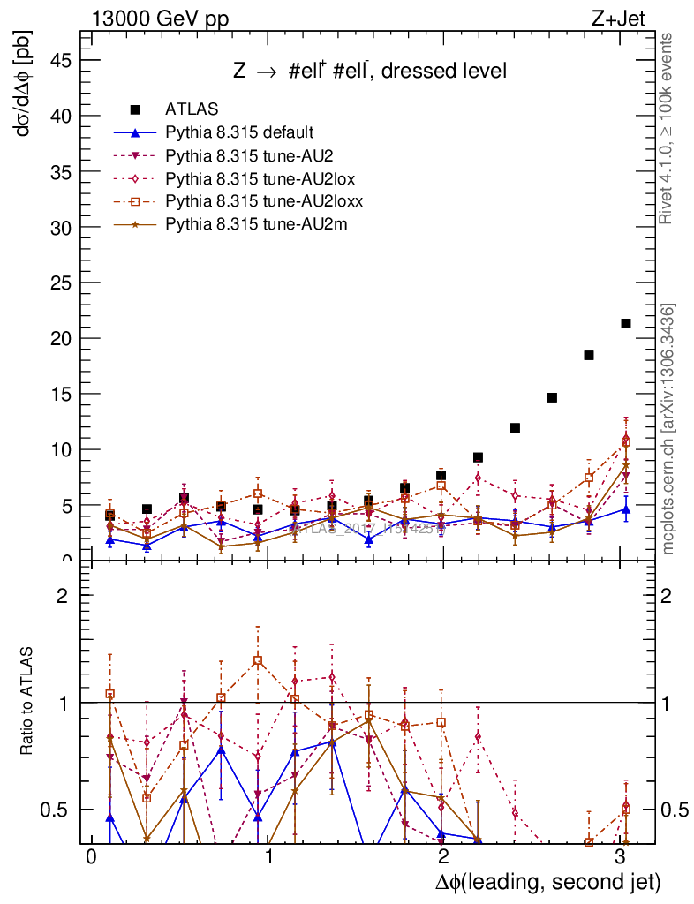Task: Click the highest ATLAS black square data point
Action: pyautogui.click(x=626, y=323)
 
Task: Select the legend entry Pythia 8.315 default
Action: pyautogui.click(x=239, y=132)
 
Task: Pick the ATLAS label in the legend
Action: pyautogui.click(x=186, y=109)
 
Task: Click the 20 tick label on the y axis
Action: pyautogui.click(x=58, y=338)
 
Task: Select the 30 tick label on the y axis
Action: pyautogui.click(x=58, y=227)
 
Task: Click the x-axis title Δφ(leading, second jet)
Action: pyautogui.click(x=547, y=882)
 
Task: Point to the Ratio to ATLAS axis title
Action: pyautogui.click(x=26, y=701)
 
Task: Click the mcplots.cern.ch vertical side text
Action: pyautogui.click(x=668, y=429)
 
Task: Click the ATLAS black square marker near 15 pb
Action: pyautogui.click(x=552, y=397)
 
